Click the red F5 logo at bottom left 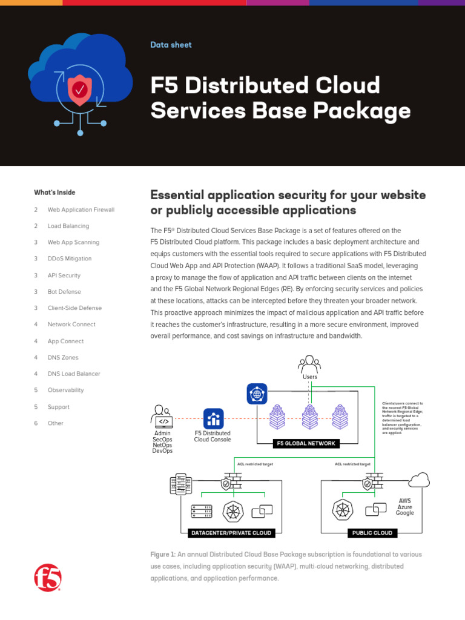(48, 578)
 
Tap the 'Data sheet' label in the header (171, 45)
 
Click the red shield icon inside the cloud (79, 91)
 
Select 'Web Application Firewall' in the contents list (81, 209)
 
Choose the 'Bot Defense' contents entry (64, 292)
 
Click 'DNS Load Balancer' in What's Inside (74, 374)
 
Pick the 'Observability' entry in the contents (66, 391)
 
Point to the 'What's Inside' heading (54, 193)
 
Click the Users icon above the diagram (309, 364)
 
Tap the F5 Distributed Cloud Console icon (213, 418)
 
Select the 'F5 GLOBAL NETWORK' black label (306, 444)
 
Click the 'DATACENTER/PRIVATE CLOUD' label (230, 533)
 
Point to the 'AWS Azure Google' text (404, 507)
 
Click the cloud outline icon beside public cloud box (418, 481)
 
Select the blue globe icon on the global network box (257, 394)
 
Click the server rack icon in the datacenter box (201, 512)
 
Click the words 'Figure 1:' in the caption (163, 555)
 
